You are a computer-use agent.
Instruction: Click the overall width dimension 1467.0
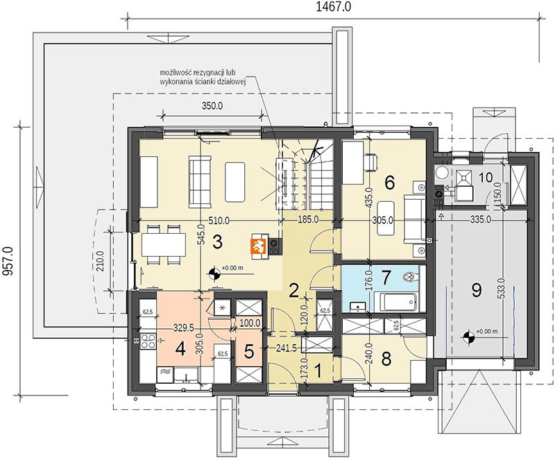coord(334,7)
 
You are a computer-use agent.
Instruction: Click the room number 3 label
coord(217,242)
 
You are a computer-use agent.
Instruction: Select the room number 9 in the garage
coord(477,291)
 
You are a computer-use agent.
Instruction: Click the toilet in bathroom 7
coord(411,275)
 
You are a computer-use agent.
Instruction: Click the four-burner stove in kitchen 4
coord(148,341)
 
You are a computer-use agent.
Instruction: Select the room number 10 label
coord(486,177)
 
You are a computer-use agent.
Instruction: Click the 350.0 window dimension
coord(212,105)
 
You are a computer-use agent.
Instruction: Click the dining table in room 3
coord(164,244)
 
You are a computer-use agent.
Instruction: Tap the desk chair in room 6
coord(371,163)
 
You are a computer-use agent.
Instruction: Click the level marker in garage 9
coord(468,337)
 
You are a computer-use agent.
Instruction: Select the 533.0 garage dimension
coord(504,289)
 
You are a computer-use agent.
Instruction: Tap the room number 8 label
coord(386,359)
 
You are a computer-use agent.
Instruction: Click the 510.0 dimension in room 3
coord(219,221)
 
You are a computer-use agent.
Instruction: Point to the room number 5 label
coord(249,352)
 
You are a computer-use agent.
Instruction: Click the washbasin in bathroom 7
coord(358,306)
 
